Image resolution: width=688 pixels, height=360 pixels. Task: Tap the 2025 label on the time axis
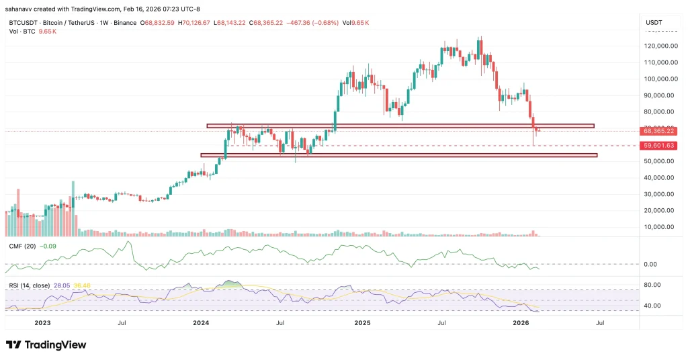point(362,323)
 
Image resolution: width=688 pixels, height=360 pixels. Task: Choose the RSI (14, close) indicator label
point(33,285)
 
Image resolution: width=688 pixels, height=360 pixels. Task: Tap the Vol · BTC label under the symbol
point(21,32)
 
